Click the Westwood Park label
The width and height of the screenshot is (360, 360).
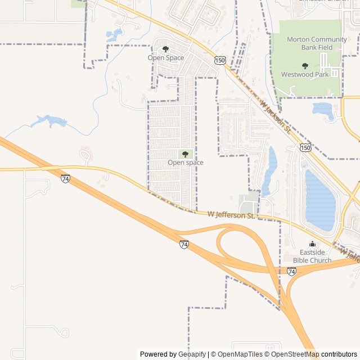click(x=305, y=74)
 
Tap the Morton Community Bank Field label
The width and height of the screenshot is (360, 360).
click(x=317, y=43)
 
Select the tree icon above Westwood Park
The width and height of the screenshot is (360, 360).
click(x=305, y=66)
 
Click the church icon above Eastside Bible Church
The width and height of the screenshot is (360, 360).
click(x=312, y=244)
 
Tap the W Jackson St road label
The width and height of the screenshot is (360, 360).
click(x=275, y=117)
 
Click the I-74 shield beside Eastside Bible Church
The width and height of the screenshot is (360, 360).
click(x=291, y=271)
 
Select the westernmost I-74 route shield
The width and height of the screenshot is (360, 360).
click(x=66, y=179)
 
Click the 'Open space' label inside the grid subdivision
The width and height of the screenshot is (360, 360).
click(x=185, y=163)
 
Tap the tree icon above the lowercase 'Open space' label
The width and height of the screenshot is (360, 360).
click(x=185, y=154)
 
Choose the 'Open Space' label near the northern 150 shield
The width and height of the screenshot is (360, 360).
click(x=165, y=57)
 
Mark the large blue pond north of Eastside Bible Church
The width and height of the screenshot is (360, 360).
click(x=319, y=200)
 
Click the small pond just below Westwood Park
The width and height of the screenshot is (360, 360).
click(x=323, y=109)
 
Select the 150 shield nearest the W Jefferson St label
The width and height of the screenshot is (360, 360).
click(x=305, y=147)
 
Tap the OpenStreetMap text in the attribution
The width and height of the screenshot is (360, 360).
click(x=292, y=354)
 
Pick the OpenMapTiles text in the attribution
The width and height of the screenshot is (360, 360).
click(x=238, y=354)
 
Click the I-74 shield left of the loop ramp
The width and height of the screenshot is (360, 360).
click(x=184, y=244)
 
